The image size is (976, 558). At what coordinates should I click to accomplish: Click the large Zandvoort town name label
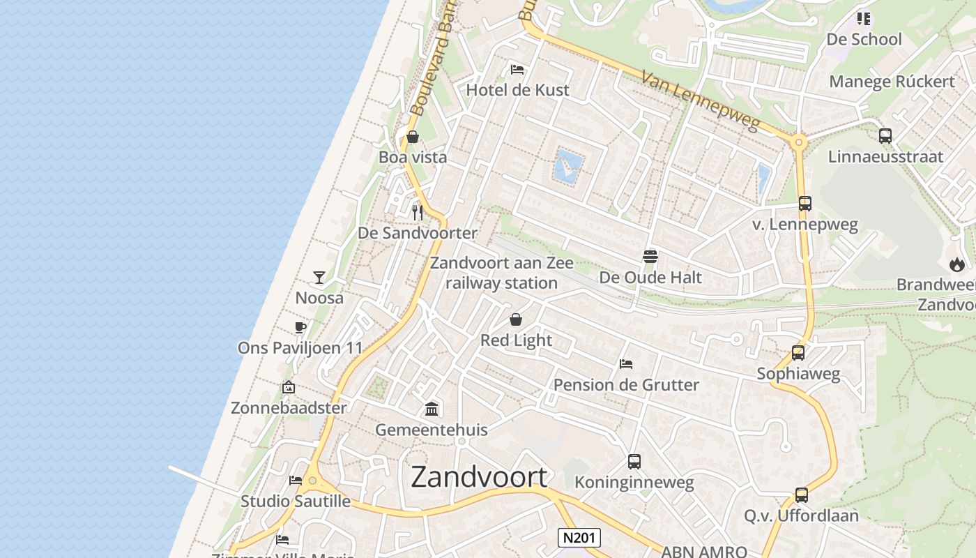pos(479,477)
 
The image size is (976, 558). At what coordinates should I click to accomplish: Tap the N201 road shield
pos(579,538)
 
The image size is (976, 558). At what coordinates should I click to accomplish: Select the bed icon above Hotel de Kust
pos(517,70)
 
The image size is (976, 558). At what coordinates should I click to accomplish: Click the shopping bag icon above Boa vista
pos(413,137)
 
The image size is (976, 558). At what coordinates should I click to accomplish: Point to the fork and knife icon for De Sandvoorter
pos(418,212)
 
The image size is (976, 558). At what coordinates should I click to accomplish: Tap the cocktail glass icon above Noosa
pos(319,278)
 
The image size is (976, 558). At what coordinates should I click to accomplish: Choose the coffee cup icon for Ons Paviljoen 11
pos(300,327)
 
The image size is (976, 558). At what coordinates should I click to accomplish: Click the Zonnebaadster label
pos(289,407)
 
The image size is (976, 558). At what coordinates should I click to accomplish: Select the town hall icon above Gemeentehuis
pos(432,409)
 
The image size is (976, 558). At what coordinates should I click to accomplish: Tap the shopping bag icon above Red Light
pos(516,319)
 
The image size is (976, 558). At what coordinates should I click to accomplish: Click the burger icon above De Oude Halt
pos(650,256)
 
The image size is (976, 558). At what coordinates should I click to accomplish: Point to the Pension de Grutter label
pos(626,384)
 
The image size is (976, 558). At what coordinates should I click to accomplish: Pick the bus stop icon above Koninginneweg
pos(634,461)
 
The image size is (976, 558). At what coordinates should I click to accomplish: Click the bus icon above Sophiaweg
pos(798,353)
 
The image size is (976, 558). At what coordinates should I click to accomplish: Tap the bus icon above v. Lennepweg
pos(805,204)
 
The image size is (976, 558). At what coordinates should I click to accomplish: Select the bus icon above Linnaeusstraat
pos(885,136)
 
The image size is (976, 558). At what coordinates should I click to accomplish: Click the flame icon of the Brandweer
pos(956,264)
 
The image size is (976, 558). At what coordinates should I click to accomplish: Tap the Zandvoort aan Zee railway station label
pos(502,273)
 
